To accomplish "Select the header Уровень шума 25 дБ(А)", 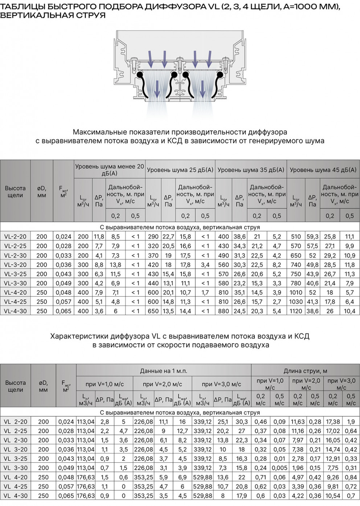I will click(x=180, y=170).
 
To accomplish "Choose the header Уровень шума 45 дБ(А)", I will click(x=323, y=170).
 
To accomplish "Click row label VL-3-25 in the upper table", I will click(x=15, y=274).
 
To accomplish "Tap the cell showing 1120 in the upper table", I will click(x=296, y=311).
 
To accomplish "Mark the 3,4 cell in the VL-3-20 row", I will click(x=205, y=265).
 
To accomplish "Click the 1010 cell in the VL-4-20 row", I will click(x=296, y=292).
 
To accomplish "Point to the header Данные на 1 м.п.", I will click(x=164, y=371).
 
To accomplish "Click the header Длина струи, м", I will click(x=305, y=371).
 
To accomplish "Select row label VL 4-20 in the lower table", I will click(x=16, y=477).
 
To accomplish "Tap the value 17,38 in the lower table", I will click(x=333, y=421).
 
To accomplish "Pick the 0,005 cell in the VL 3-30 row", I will click(x=279, y=468).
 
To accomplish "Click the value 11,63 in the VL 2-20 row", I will click(x=298, y=421).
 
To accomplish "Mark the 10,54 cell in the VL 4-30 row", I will click(x=333, y=495).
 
